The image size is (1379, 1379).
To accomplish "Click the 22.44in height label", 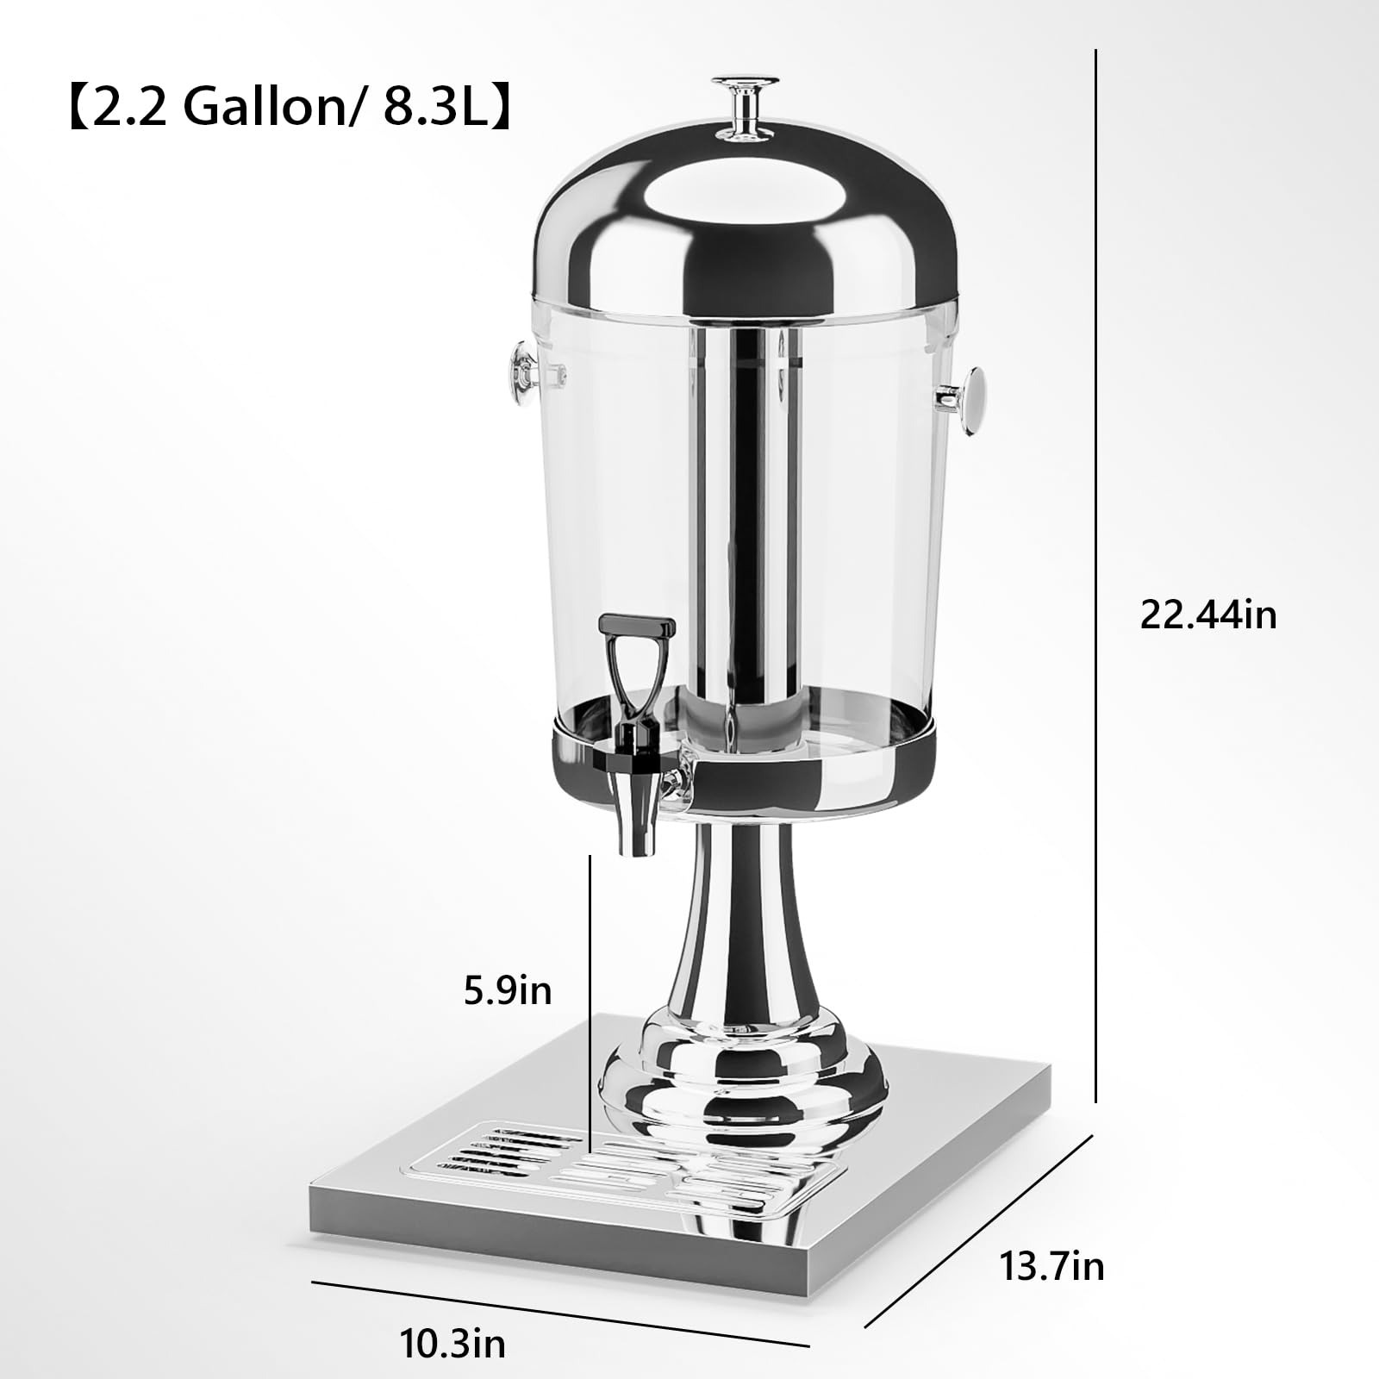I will click(x=1207, y=615).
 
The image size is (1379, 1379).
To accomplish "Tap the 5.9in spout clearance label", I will click(x=508, y=991).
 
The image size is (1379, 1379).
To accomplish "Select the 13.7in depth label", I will click(x=1051, y=1266).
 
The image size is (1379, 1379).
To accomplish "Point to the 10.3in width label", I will click(x=452, y=1343).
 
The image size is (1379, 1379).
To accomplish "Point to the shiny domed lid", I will click(x=746, y=233).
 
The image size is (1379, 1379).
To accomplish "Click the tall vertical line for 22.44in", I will click(x=1095, y=569).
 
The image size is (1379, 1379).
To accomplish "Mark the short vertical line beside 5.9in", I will click(x=590, y=1000).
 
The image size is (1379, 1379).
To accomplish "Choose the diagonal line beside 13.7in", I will click(x=978, y=1232).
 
